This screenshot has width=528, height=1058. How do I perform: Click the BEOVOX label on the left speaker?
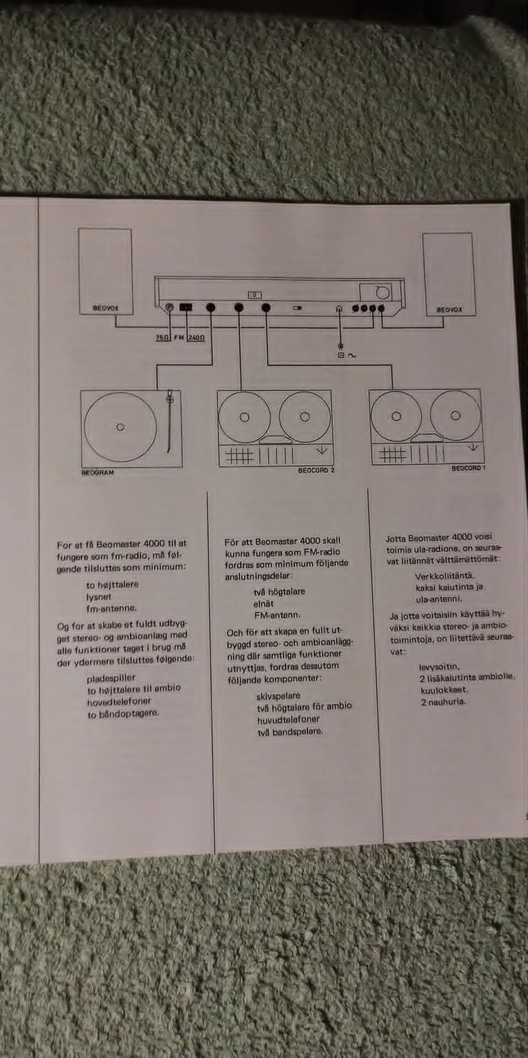(x=105, y=309)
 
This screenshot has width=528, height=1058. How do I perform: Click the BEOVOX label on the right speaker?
(x=449, y=310)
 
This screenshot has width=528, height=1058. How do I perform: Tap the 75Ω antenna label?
(x=161, y=337)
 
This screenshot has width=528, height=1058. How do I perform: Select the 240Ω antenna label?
(x=196, y=337)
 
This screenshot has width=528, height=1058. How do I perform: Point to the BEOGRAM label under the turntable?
(x=98, y=473)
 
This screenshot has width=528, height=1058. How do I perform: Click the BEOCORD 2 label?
(x=316, y=471)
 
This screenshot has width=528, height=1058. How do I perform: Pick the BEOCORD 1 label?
(x=468, y=468)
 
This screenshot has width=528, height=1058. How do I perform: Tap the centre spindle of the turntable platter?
(x=120, y=427)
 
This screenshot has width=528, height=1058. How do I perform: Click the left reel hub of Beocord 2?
(x=244, y=418)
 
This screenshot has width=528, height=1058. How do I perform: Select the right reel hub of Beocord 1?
(x=455, y=415)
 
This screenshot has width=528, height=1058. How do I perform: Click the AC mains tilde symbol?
(x=352, y=355)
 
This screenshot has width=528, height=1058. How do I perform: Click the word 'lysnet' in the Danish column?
(x=99, y=597)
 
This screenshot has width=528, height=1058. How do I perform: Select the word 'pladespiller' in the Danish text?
(x=111, y=678)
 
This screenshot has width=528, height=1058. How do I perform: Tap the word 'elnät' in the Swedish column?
(x=263, y=603)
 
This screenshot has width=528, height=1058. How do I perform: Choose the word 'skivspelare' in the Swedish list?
(x=278, y=696)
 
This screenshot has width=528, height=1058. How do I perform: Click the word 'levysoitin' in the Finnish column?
(x=439, y=667)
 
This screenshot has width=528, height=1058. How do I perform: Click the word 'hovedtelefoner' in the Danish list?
(x=118, y=702)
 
